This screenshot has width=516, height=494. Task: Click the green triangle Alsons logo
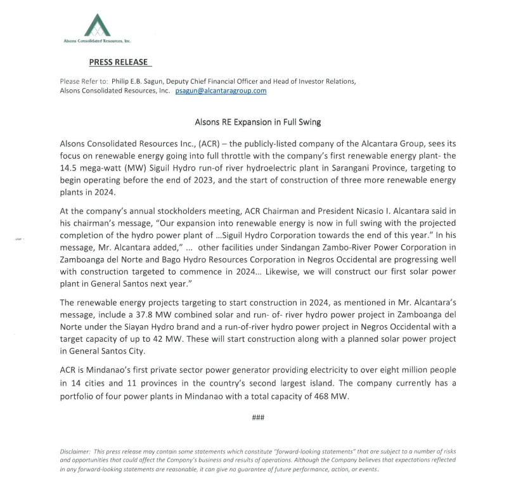tap(98, 25)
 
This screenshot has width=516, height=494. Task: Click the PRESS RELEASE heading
tap(119, 62)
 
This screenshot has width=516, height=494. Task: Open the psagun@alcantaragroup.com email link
tap(221, 91)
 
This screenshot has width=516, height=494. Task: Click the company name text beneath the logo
tap(97, 41)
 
